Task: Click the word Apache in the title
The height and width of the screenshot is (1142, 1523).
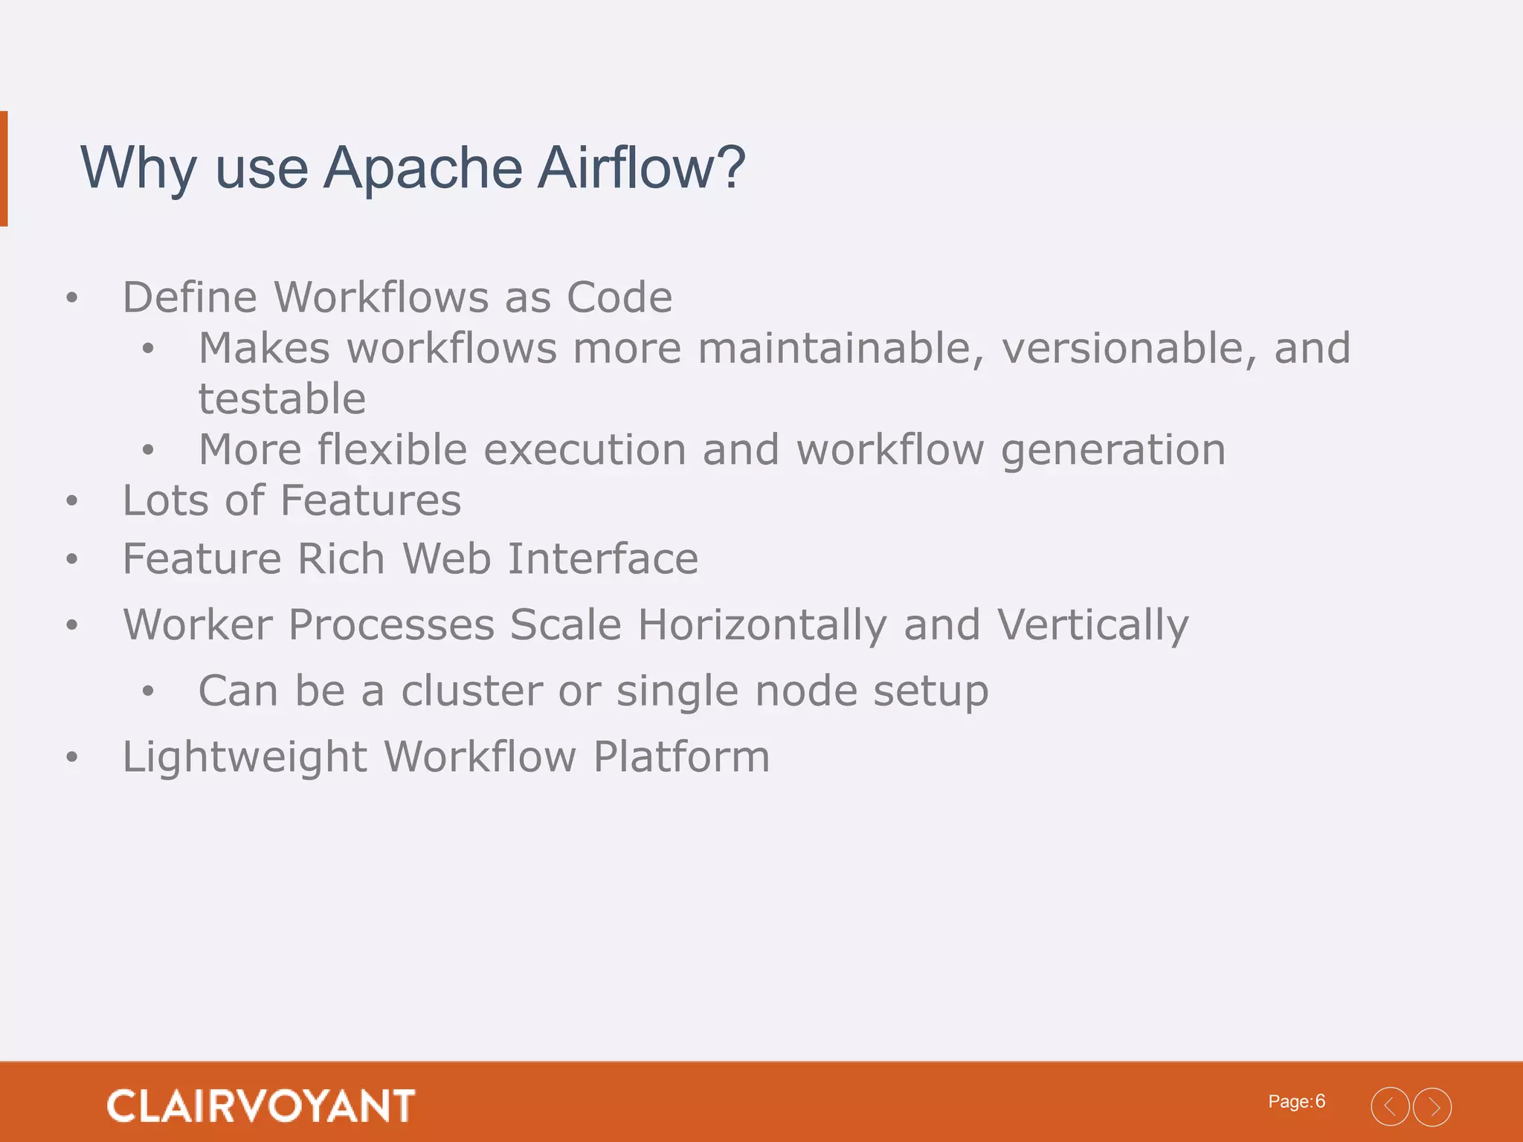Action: [x=423, y=169]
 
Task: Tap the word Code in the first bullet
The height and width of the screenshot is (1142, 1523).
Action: [x=619, y=298]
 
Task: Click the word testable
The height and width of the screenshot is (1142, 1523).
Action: [x=282, y=399]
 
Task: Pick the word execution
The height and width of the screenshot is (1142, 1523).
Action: [x=585, y=451]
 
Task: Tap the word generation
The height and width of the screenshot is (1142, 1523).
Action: [x=1113, y=451]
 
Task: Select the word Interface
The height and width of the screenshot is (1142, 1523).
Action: [x=602, y=559]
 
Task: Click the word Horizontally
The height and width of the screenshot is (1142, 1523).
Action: [x=762, y=625]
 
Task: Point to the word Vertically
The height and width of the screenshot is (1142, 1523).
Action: [x=1092, y=625]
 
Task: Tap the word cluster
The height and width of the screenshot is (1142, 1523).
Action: [x=472, y=691]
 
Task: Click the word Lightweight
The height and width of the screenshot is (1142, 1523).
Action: [x=245, y=758]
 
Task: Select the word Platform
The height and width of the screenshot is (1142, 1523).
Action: [x=681, y=758]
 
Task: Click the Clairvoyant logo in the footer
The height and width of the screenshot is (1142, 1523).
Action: [x=261, y=1106]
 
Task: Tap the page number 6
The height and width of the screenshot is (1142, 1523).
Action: [x=1320, y=1101]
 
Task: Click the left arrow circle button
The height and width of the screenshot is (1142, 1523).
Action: [x=1390, y=1107]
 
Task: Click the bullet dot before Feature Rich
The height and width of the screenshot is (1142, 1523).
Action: [x=71, y=559]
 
